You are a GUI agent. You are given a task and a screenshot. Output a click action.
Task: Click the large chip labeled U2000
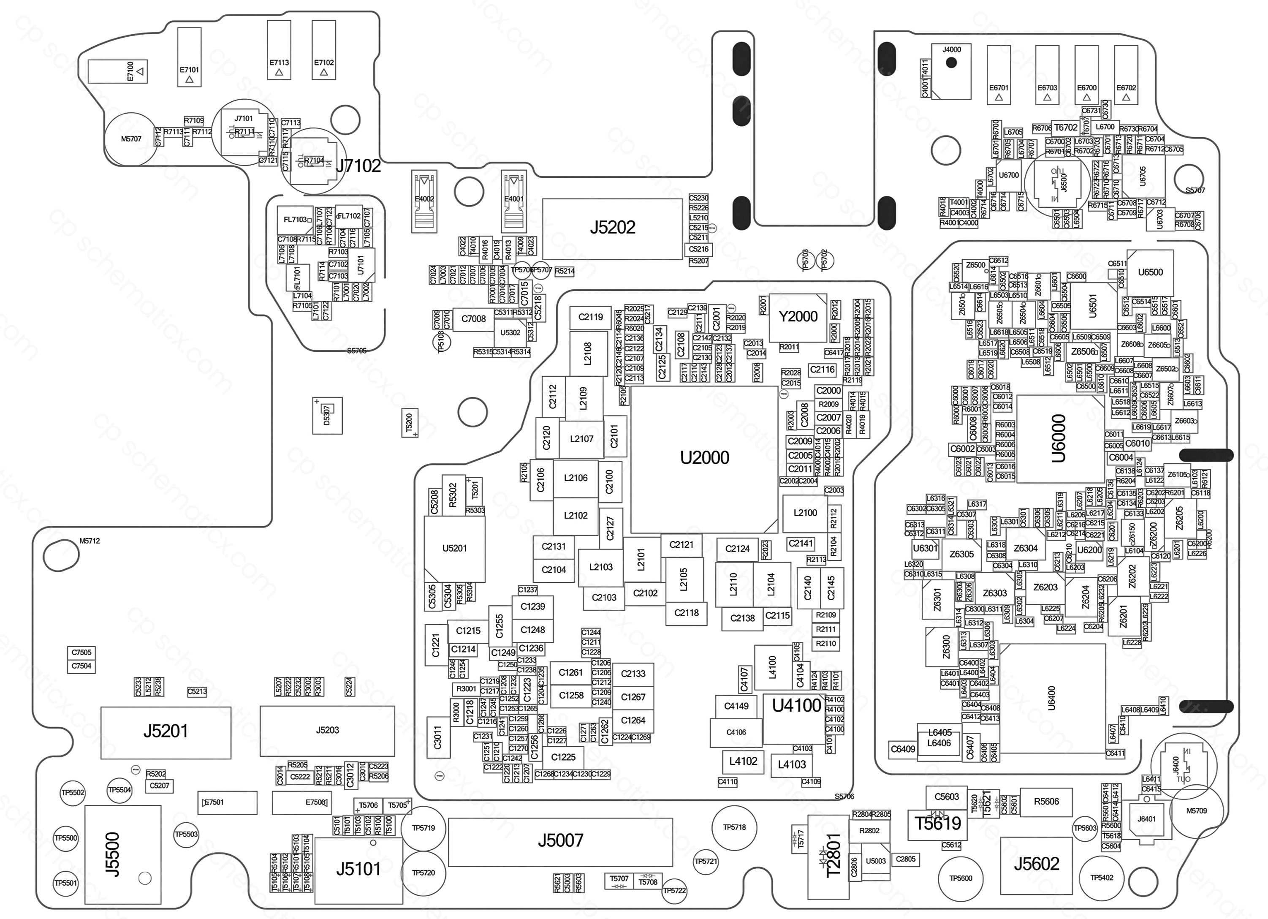(x=704, y=458)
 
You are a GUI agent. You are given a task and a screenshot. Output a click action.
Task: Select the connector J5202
(x=612, y=228)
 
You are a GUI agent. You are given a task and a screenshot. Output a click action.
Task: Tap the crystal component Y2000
(x=798, y=317)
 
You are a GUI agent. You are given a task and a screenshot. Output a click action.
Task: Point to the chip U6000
(x=1058, y=439)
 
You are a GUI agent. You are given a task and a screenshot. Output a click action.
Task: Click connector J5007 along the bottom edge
(x=560, y=841)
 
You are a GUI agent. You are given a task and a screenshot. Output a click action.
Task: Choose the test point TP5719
(x=423, y=828)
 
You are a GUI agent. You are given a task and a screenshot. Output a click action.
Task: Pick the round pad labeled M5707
(x=131, y=139)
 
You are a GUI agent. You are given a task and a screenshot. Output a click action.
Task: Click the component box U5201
(x=454, y=549)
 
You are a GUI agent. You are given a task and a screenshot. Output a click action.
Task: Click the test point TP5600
(x=961, y=878)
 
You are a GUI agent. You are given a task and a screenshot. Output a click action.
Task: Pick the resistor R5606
(x=1046, y=802)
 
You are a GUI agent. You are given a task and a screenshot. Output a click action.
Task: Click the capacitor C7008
(x=473, y=319)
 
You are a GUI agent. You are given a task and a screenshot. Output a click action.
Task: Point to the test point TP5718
(x=734, y=827)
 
